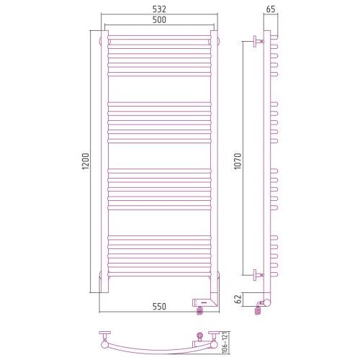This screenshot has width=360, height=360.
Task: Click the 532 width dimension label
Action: click(159, 9)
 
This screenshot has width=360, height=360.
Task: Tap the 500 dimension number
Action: click(159, 19)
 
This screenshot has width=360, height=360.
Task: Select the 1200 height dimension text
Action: click(86, 161)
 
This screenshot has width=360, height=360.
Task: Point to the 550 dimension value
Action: click(159, 307)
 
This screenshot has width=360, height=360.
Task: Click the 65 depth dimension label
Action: click(271, 9)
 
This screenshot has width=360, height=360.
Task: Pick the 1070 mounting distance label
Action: click(238, 161)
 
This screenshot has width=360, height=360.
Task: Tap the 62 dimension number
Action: click(238, 300)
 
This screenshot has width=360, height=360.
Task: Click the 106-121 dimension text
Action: click(225, 343)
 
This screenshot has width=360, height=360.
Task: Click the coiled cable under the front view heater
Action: click(199, 311)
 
